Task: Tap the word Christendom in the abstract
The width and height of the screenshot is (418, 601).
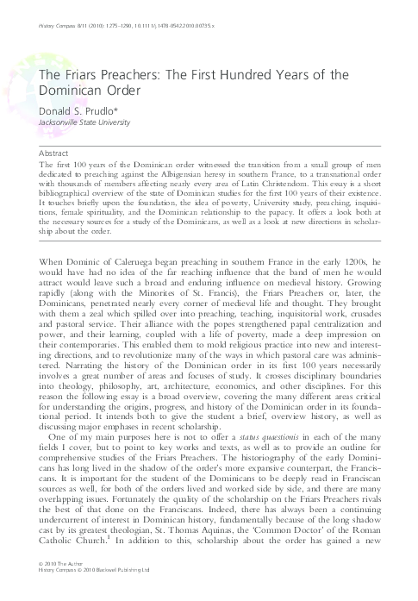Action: [x=309, y=183]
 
